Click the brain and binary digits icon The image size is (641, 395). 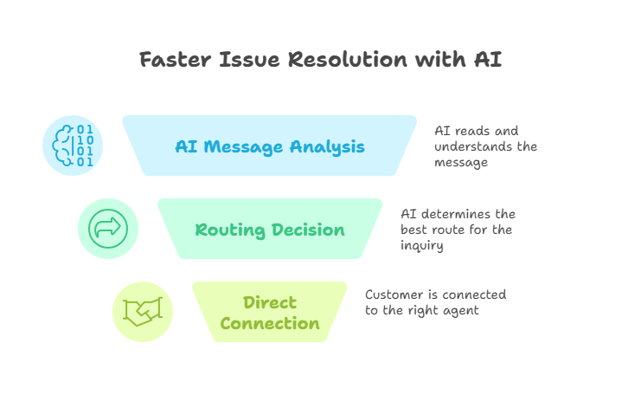(73, 145)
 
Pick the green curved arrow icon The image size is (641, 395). (108, 229)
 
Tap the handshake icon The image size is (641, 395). (144, 312)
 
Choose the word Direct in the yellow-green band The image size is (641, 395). (270, 302)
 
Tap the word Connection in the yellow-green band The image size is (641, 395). (270, 324)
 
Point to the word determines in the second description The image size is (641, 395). (465, 214)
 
